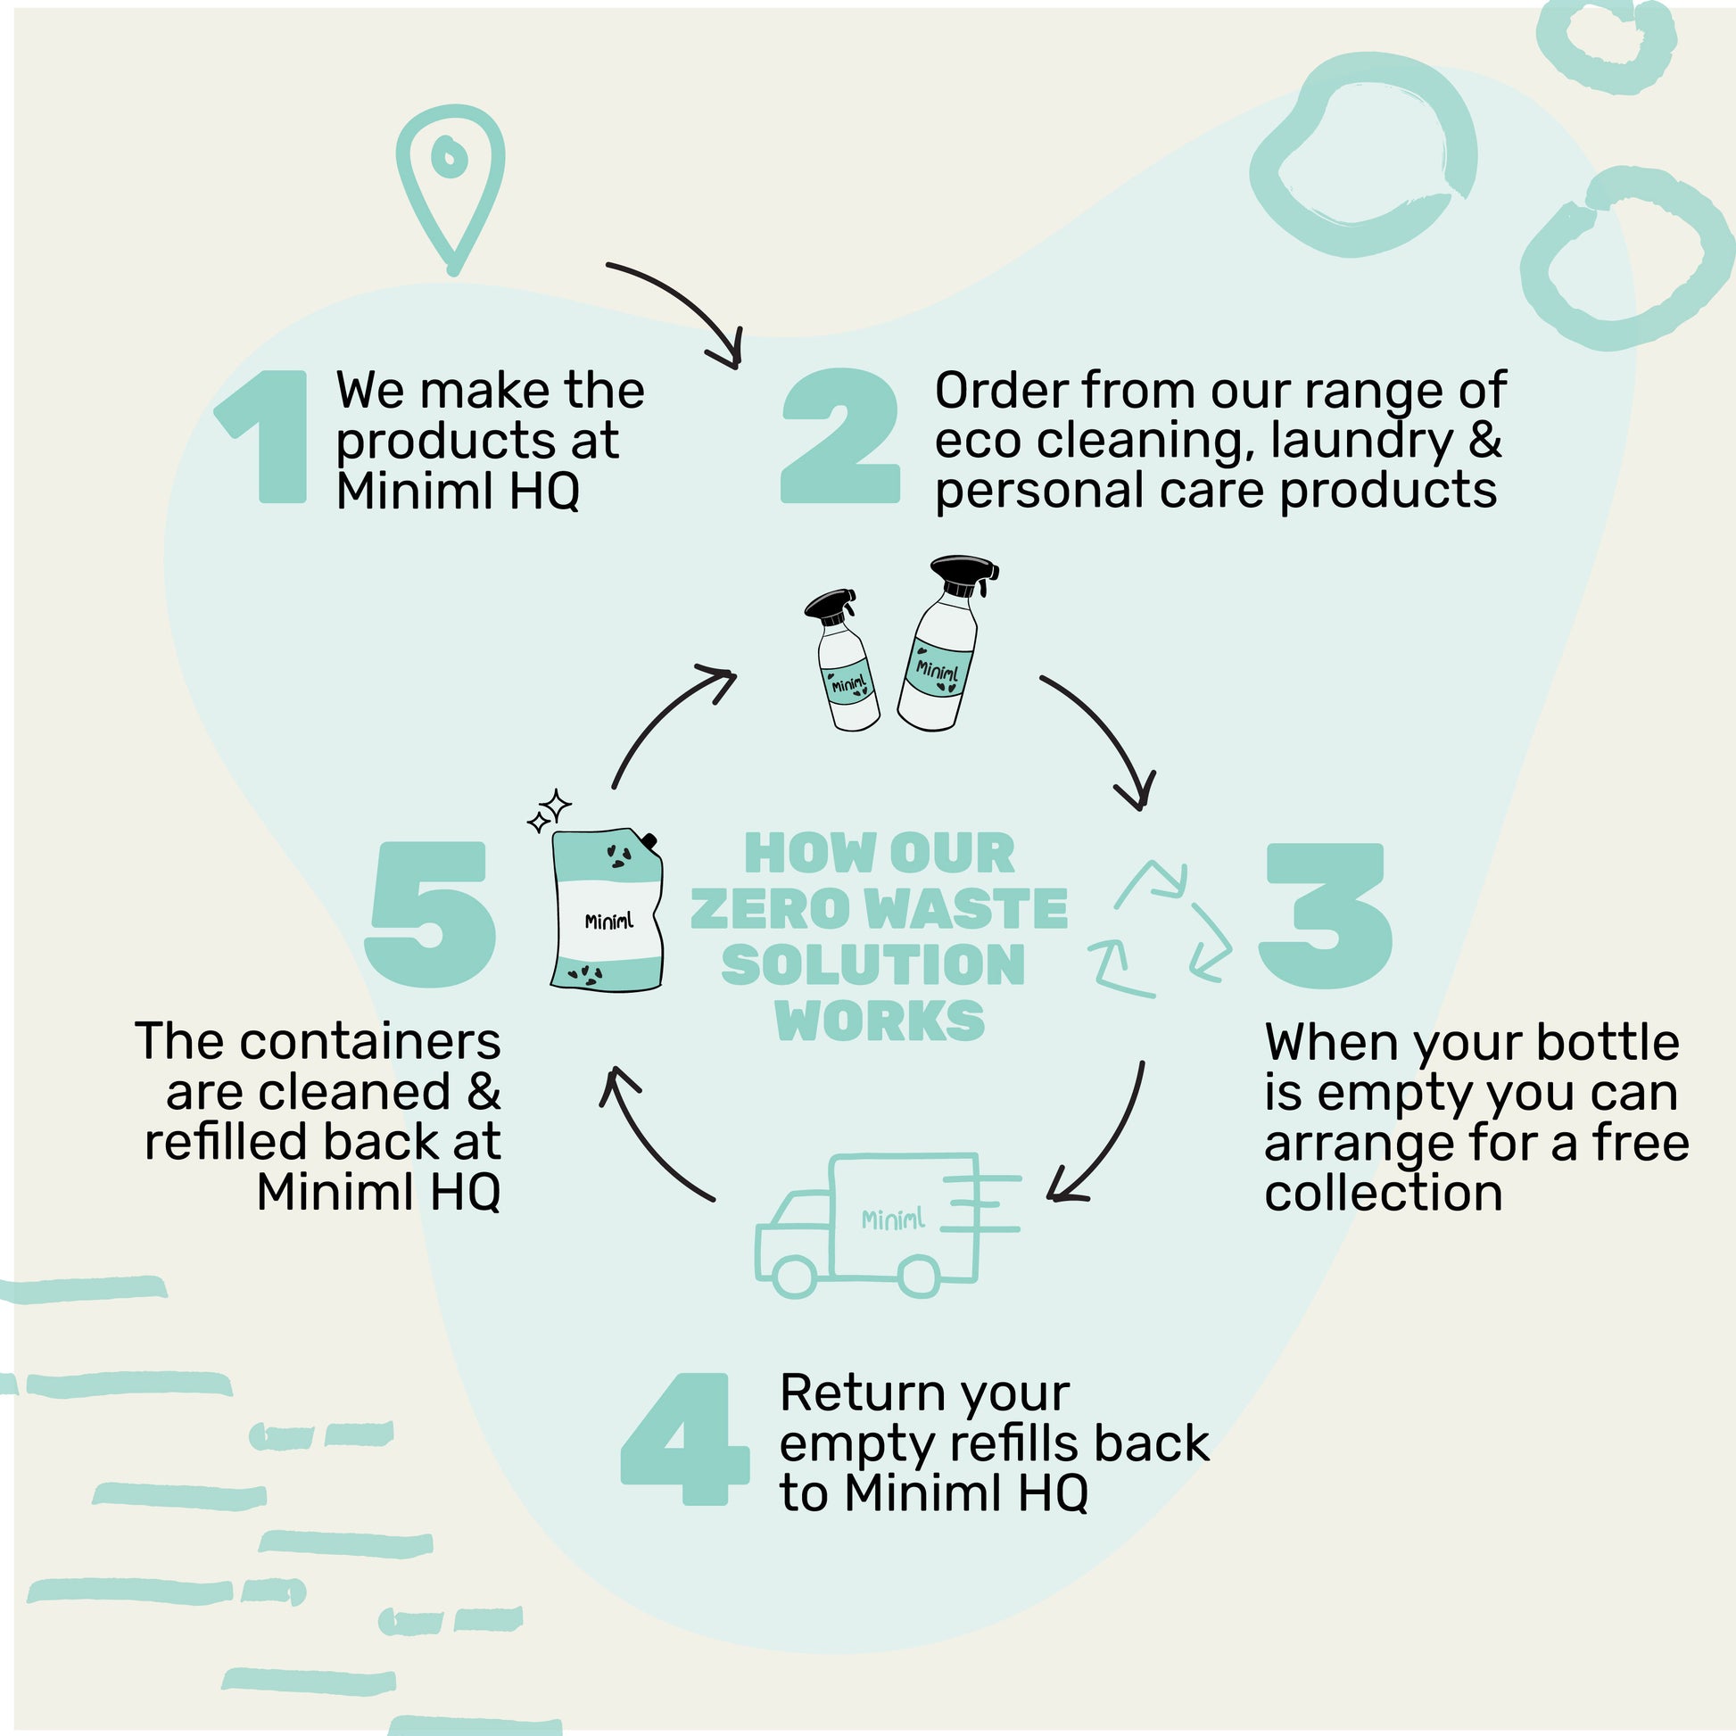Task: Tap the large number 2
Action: (840, 437)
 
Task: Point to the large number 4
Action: (685, 1439)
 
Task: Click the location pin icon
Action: (451, 184)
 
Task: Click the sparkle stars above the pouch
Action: (549, 811)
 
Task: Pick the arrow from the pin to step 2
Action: (683, 305)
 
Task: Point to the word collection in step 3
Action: (1383, 1194)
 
